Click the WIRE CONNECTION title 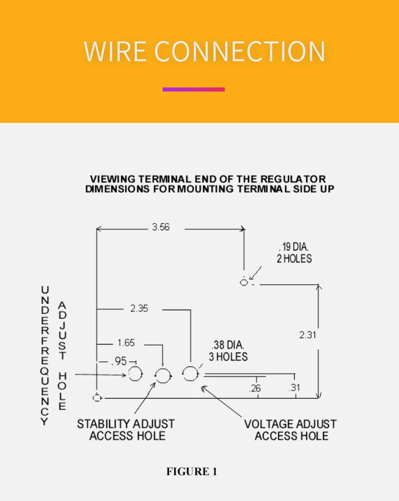(x=204, y=52)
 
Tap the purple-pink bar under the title (x=193, y=89)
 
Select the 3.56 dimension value (x=161, y=227)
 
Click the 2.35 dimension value (x=139, y=308)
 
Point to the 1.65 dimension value (x=126, y=343)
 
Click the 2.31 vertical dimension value (x=308, y=335)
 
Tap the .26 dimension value (x=255, y=388)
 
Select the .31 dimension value (x=294, y=388)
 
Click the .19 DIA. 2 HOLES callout (x=293, y=253)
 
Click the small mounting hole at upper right (x=244, y=282)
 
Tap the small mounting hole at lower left (x=97, y=398)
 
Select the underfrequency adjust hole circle (x=135, y=374)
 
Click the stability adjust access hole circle (x=163, y=376)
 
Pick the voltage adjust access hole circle (x=190, y=374)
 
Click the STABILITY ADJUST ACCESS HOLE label (x=126, y=430)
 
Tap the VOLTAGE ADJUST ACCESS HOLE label (x=290, y=430)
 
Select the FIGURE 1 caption (x=191, y=472)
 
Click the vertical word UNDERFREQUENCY (x=45, y=355)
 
